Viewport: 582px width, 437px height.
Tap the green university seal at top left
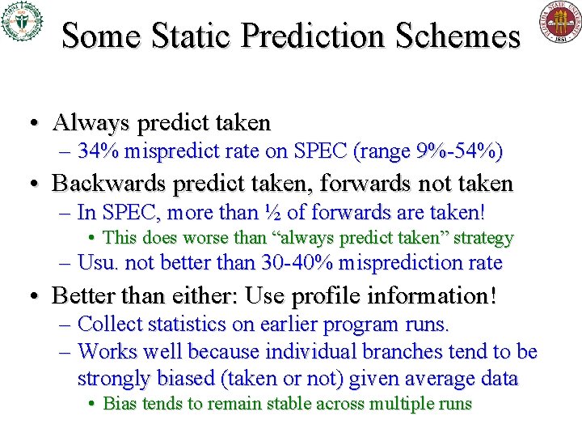coord(21,21)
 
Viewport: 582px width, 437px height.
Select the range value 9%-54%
coord(458,151)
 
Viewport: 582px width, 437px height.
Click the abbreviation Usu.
coord(98,263)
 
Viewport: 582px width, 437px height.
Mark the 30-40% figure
coord(298,263)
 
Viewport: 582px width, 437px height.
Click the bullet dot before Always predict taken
coord(33,124)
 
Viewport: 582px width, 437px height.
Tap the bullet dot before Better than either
coord(33,296)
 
